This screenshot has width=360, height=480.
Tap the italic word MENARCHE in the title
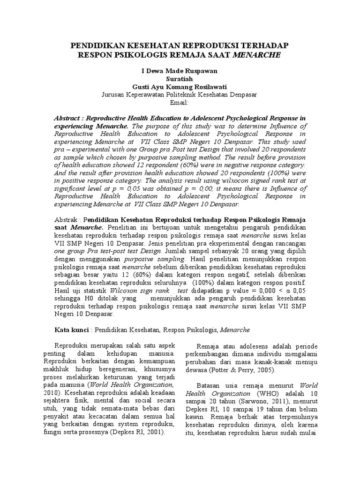pos(260,54)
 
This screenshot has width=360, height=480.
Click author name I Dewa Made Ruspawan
pos(180,71)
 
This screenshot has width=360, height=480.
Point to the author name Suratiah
pos(180,79)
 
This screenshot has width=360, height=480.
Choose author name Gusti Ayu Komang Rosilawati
pos(180,87)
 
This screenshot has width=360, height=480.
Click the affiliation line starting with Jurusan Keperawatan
pos(180,95)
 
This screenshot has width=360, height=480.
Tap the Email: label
pos(180,102)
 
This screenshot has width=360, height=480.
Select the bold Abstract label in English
pos(70,119)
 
